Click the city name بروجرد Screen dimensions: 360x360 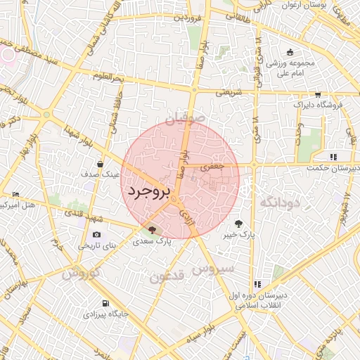click(150, 191)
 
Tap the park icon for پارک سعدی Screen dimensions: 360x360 click(153, 229)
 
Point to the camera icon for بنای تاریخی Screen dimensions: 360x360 click(96, 234)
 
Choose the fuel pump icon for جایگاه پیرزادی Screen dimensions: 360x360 click(105, 303)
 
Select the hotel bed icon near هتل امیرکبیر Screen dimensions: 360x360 click(16, 194)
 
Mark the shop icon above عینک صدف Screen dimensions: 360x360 click(101, 163)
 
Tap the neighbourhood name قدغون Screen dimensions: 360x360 click(167, 277)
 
